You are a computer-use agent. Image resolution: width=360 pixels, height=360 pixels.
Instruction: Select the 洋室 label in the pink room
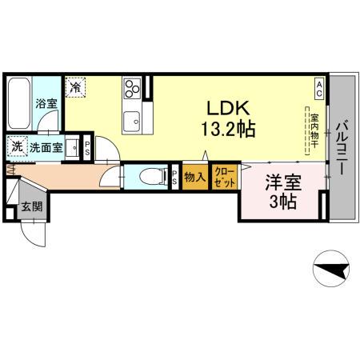(282, 183)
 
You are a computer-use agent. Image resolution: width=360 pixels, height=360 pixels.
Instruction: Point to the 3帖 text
(282, 202)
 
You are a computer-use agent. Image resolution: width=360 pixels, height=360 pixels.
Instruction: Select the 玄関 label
(32, 207)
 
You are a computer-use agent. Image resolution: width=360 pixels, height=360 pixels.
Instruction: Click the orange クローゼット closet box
(223, 177)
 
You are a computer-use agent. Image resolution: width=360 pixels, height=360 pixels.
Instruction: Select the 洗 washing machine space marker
(17, 147)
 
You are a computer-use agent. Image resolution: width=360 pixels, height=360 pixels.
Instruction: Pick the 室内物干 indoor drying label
(314, 131)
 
